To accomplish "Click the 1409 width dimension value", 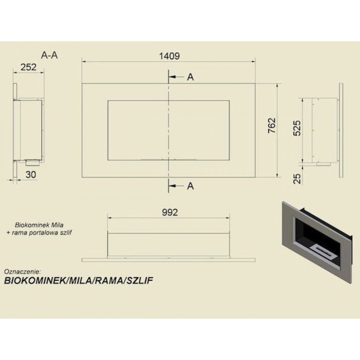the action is click(170, 56).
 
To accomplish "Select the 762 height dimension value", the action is click(272, 125).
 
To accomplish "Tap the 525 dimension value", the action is click(297, 128).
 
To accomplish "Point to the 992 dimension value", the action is click(170, 212).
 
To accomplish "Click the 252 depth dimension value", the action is click(28, 67).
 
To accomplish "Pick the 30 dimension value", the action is click(31, 175).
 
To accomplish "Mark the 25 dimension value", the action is click(297, 179).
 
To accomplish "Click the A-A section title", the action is click(49, 55).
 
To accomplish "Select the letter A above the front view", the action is click(190, 77).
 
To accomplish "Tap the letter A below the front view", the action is click(190, 186).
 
